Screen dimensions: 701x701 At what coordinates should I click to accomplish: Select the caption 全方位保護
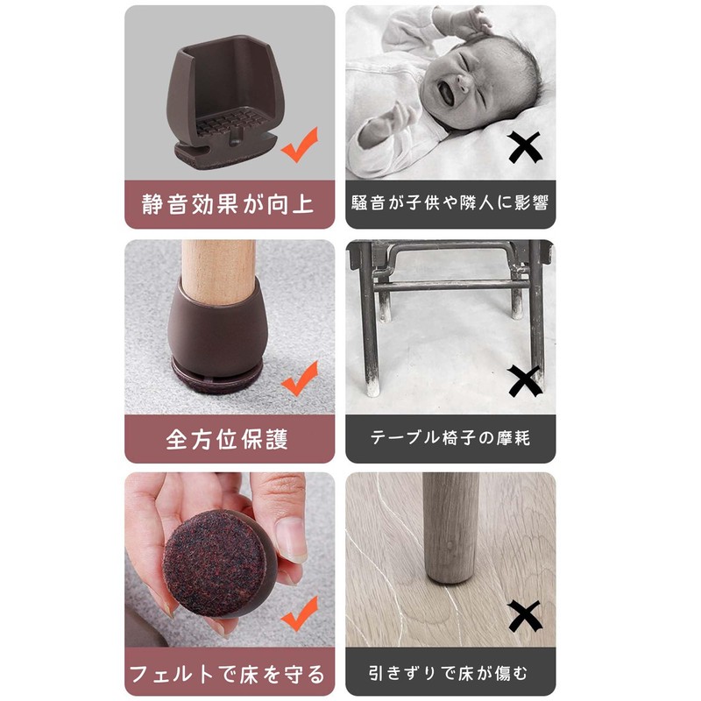229,438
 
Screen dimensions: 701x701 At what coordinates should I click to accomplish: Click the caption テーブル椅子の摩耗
450,438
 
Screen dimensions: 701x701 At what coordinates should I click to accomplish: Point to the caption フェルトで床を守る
229,673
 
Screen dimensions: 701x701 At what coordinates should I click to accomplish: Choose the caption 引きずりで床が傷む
450,673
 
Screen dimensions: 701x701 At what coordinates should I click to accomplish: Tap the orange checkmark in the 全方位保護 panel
299,379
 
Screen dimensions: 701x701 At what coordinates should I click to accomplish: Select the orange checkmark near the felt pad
299,613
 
